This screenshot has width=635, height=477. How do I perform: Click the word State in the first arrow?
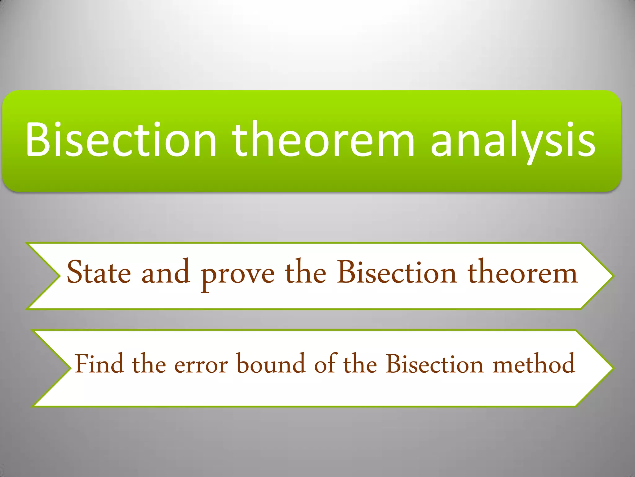click(x=99, y=273)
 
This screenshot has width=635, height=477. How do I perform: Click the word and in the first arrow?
click(x=166, y=272)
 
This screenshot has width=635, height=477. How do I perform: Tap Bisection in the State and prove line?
click(x=397, y=272)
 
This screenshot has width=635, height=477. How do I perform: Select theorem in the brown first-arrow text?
click(x=523, y=273)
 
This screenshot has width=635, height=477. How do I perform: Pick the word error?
click(x=201, y=365)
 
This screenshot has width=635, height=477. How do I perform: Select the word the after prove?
click(x=305, y=272)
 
